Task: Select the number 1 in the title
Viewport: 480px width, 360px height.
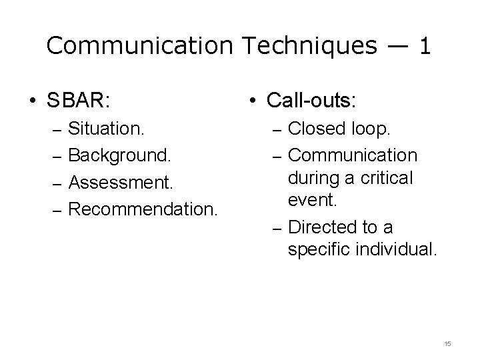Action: [x=424, y=45]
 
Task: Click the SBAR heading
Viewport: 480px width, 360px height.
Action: [x=78, y=101]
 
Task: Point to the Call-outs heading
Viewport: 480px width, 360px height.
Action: [x=311, y=101]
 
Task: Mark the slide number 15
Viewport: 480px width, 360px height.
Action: [x=447, y=343]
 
